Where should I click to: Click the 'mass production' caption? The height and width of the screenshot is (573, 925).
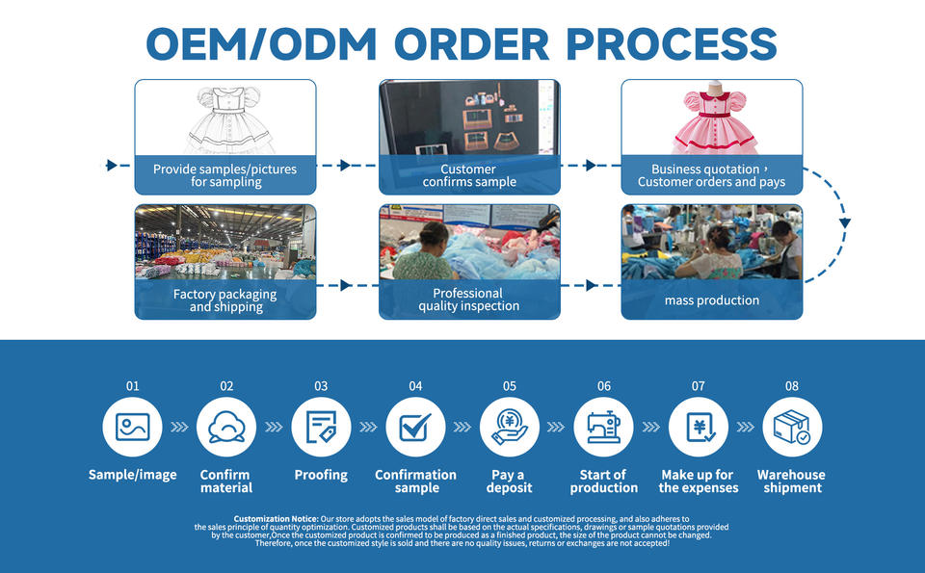711,300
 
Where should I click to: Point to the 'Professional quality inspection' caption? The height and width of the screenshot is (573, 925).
468,300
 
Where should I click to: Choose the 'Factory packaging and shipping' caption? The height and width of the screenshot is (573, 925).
225,300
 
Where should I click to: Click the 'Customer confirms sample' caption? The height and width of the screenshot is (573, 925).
469,175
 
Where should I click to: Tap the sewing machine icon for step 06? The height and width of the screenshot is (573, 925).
603,427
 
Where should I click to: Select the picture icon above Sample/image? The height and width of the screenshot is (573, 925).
132,427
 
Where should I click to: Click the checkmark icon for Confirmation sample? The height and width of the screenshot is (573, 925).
415,427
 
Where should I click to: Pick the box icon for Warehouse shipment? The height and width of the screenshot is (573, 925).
792,427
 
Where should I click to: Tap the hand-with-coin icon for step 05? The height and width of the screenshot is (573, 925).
510,427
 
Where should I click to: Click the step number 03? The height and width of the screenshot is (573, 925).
321,386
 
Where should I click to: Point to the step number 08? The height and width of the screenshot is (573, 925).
792,386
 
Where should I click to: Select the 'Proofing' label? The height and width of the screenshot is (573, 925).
321,475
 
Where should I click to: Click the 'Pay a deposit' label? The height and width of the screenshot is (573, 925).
509,481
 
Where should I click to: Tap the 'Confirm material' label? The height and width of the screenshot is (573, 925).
226,481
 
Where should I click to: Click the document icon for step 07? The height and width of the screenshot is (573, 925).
698,427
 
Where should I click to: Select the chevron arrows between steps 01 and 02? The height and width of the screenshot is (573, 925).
179,427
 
